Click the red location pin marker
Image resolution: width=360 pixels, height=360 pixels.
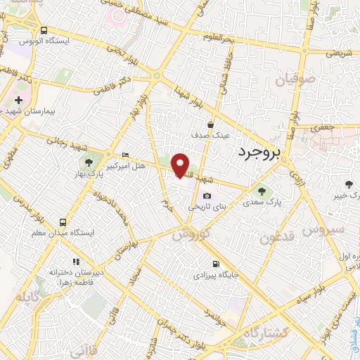(181, 165)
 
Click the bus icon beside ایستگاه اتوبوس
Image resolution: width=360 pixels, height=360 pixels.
(44, 31)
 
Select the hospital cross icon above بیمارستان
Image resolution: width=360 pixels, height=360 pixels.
(19, 100)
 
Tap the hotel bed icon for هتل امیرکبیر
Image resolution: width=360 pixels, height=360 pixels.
(125, 155)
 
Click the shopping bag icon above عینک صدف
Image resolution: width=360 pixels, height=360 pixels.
(210, 124)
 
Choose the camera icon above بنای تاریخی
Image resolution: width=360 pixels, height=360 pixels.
(207, 196)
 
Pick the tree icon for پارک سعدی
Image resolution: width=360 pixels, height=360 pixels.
(262, 190)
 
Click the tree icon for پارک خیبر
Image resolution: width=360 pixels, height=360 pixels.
(349, 184)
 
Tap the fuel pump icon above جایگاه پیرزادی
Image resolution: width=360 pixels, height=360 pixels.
(214, 264)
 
